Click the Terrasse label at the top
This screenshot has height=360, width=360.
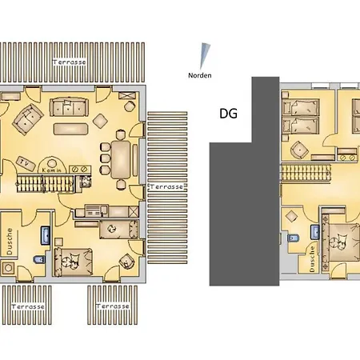coord(70,62)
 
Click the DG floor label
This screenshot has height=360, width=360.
coord(228,114)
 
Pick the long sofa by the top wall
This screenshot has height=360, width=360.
coord(71,107)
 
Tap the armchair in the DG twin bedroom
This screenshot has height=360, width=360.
coord(301,148)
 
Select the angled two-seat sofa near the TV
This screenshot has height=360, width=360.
coord(29,121)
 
